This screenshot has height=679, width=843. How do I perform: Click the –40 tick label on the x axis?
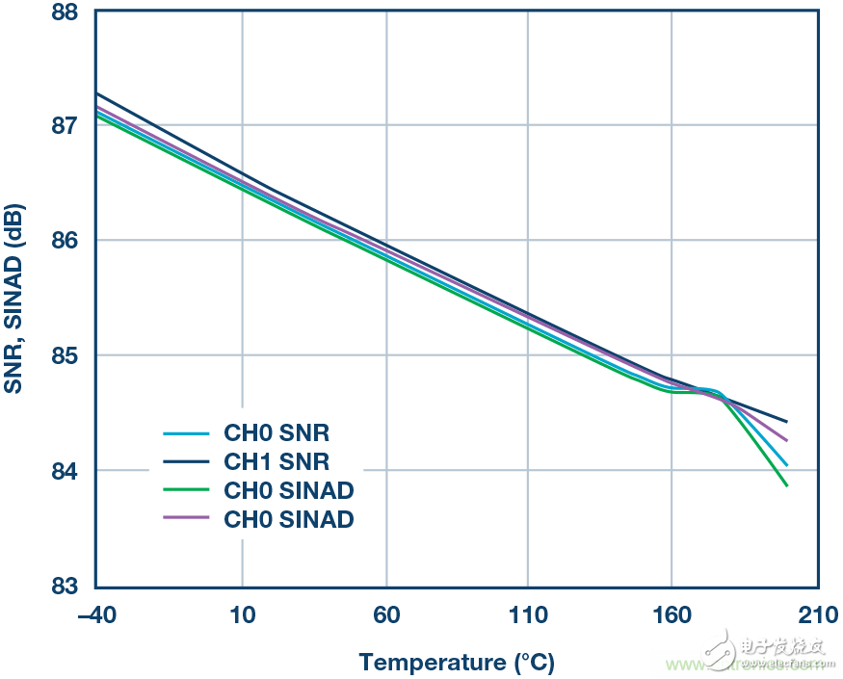95,615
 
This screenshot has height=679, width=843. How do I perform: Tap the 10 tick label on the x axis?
242,615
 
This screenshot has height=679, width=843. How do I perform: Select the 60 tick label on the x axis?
385,615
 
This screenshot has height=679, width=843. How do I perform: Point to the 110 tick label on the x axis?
528,615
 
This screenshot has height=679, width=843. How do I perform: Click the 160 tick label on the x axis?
672,615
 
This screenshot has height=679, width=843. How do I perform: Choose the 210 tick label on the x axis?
816,615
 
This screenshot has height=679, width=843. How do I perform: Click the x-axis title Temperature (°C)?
457,663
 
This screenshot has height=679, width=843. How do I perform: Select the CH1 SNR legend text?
277,462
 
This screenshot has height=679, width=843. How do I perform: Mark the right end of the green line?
787,485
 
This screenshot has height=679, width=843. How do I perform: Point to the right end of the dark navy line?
787,422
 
